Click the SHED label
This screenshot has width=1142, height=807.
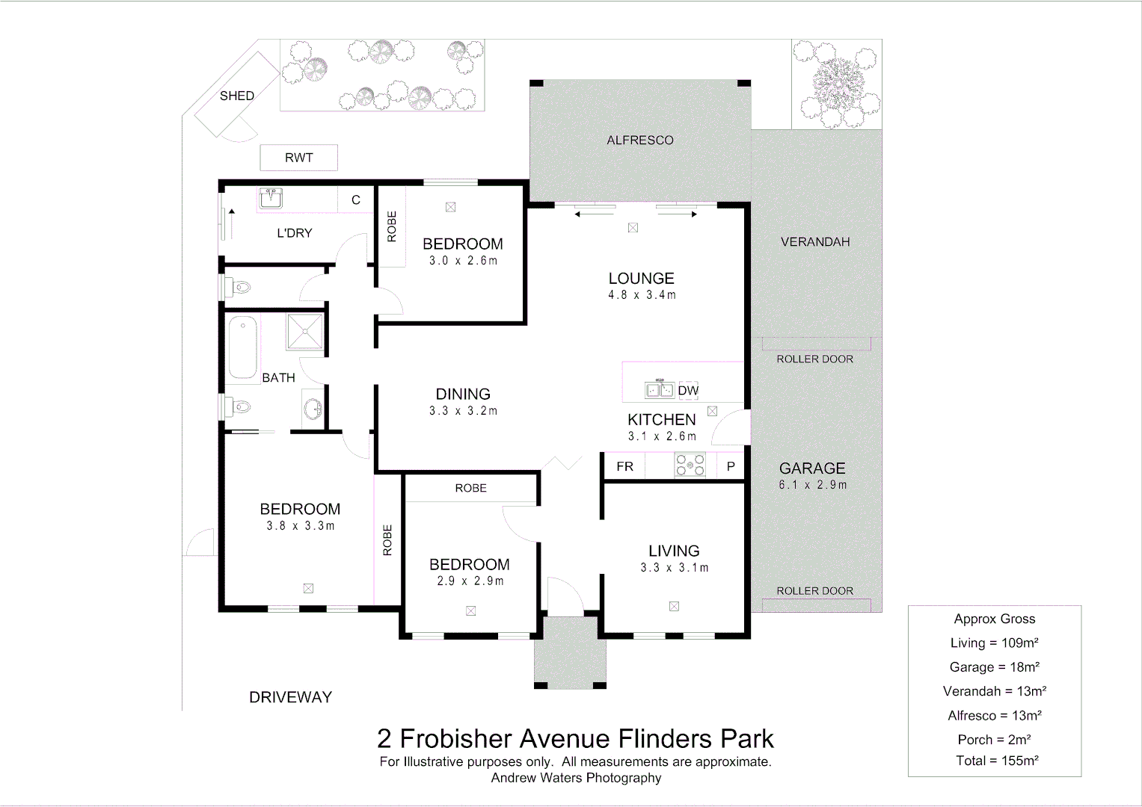point(236,96)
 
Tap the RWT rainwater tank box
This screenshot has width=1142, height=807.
point(298,158)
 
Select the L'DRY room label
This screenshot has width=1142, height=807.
point(294,233)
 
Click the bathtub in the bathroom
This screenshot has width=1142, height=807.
point(243,348)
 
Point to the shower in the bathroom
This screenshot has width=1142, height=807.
point(304,332)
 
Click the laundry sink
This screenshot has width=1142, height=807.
point(271,199)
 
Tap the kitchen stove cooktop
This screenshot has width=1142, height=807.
point(690,466)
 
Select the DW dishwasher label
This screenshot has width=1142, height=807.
point(688,390)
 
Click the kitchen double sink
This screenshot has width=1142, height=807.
point(660,390)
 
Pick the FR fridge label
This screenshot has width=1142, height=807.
point(624,466)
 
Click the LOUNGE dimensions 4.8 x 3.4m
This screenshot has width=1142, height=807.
point(642,295)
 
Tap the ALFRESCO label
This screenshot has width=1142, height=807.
point(639,140)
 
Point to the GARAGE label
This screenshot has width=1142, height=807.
point(812,469)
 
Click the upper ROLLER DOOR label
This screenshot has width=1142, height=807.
point(814,359)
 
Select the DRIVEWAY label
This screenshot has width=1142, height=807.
point(290,697)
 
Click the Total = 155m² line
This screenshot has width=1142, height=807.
point(997,761)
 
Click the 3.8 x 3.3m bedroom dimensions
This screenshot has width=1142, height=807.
point(300,526)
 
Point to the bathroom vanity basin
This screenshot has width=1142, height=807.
point(313,409)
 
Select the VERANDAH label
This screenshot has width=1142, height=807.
point(815,242)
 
